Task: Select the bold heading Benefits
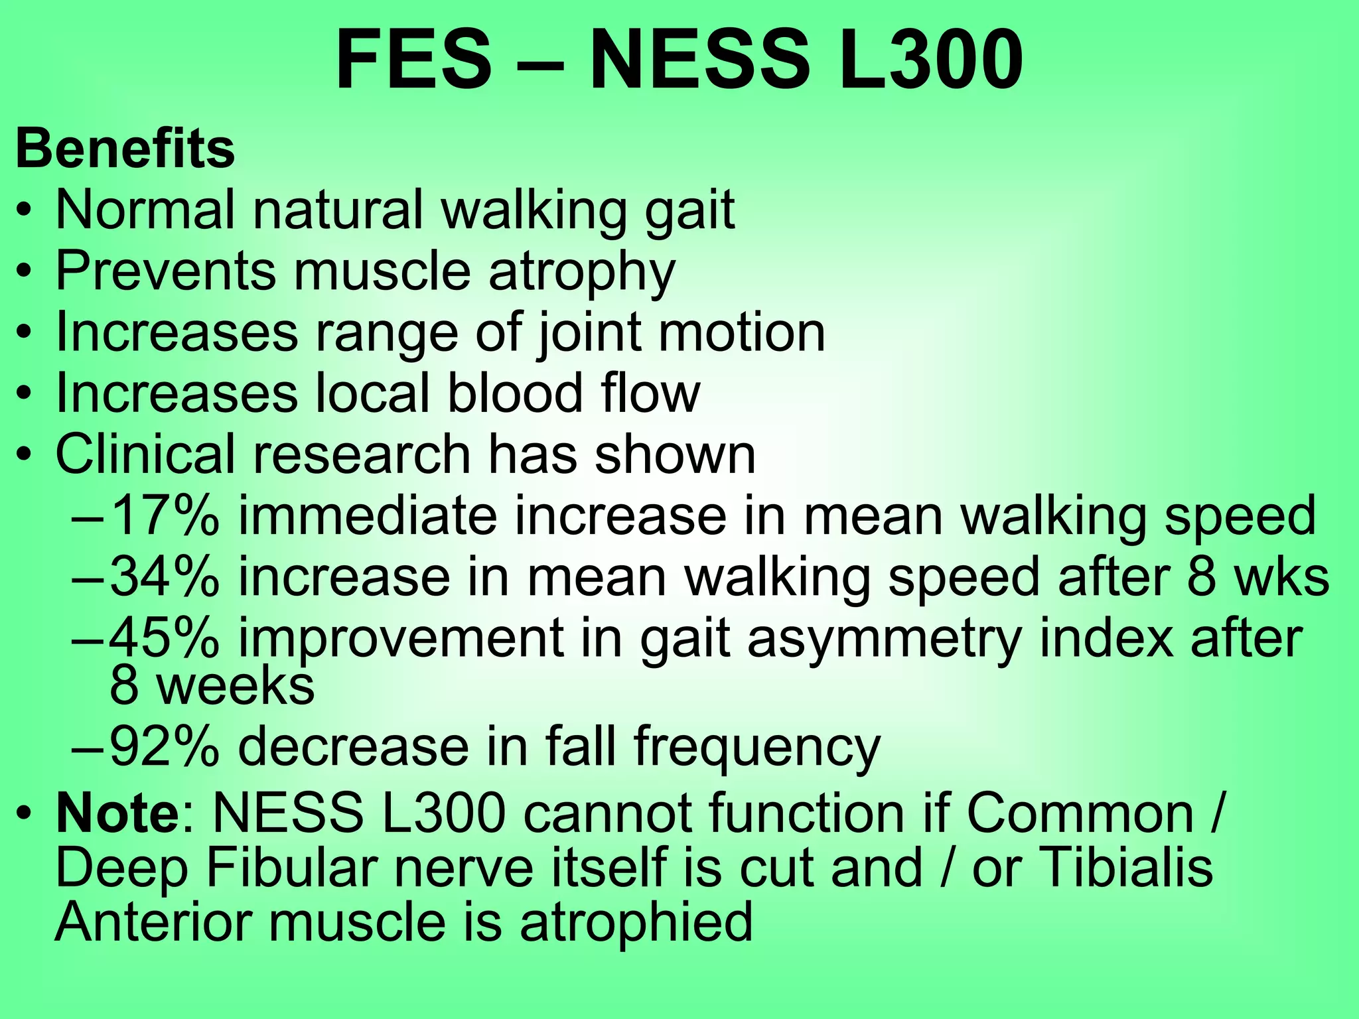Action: (125, 149)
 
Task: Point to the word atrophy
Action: (581, 272)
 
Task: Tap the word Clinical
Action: (145, 454)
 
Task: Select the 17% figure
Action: (163, 515)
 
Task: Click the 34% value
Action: (163, 577)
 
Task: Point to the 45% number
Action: (163, 638)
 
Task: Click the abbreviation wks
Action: (1281, 577)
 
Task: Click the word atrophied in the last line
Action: (636, 923)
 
